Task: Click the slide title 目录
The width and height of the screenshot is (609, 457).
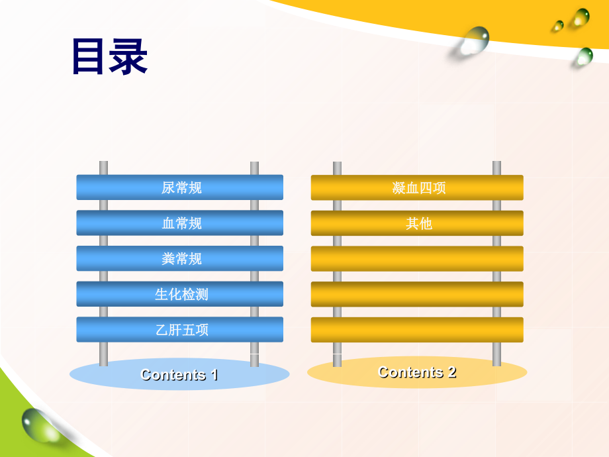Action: [x=109, y=57]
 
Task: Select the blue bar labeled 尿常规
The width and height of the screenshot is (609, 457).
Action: [x=180, y=187]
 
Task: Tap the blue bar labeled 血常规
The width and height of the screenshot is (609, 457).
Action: [x=180, y=223]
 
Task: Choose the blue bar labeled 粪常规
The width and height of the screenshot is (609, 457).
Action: [x=180, y=258]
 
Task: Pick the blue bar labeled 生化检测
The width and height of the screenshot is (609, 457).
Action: [x=180, y=294]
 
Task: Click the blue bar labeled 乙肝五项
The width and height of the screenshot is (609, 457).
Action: [x=180, y=330]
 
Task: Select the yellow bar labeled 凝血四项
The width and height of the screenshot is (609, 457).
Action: [x=417, y=187]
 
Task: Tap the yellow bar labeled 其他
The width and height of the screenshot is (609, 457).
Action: [x=417, y=223]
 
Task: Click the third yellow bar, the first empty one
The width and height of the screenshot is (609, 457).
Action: [x=417, y=258]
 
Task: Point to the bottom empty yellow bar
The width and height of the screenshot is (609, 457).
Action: [x=417, y=330]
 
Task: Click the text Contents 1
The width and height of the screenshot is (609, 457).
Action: [x=179, y=375]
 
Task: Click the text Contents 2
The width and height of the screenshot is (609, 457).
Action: [x=416, y=372]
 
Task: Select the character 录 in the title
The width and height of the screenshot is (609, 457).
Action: [x=128, y=57]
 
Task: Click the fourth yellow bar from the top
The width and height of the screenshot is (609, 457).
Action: [x=417, y=294]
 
